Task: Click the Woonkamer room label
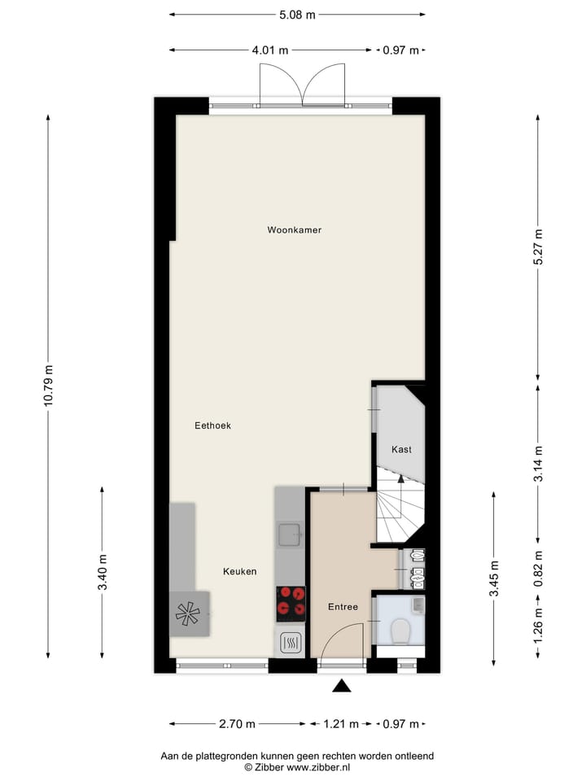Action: coord(294,230)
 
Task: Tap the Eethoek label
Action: coord(212,425)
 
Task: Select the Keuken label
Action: coord(239,572)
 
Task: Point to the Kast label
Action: coord(401,450)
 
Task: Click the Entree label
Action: coord(343,607)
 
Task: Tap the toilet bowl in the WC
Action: coord(400,630)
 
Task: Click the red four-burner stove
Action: coord(291,603)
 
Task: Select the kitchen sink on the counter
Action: coord(289,534)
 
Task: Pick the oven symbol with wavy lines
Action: coord(291,643)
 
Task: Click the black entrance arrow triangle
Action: coord(342,686)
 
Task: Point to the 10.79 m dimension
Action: coord(48,387)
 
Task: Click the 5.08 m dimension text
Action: coord(296,15)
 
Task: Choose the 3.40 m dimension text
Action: coord(103,573)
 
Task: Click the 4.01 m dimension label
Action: coord(270,50)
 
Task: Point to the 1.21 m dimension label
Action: coord(337,724)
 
